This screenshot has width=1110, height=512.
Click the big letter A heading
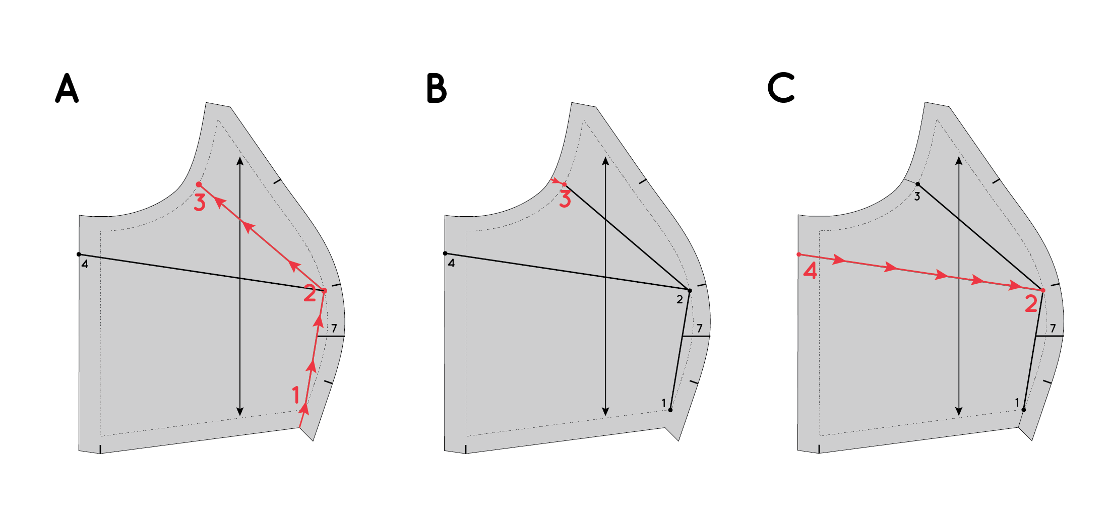[x=67, y=89]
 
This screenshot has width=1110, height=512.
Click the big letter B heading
[x=437, y=89]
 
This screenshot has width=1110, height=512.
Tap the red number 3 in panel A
[x=200, y=202]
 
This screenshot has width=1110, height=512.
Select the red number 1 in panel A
[x=296, y=395]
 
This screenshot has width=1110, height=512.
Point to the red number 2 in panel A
[x=310, y=293]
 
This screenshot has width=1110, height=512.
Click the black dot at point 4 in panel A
[x=79, y=254]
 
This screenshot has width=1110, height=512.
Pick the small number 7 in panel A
[x=334, y=329]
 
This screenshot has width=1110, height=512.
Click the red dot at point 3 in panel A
[x=199, y=184]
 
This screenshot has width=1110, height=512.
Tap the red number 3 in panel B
[x=565, y=199]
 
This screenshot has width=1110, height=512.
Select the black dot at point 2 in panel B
[x=690, y=291]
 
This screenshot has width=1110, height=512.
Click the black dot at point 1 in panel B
[x=670, y=410]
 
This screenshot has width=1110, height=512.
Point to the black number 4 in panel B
[x=451, y=264]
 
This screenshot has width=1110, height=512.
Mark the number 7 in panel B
[x=700, y=329]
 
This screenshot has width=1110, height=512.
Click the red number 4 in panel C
[x=810, y=271]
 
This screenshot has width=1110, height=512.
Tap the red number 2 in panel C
[x=1031, y=304]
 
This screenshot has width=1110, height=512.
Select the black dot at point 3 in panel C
[x=917, y=184]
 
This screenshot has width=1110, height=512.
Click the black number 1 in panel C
[x=1017, y=403]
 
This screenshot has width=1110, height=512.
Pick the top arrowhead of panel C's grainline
[x=959, y=161]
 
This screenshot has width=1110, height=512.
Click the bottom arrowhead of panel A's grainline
[x=240, y=412]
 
